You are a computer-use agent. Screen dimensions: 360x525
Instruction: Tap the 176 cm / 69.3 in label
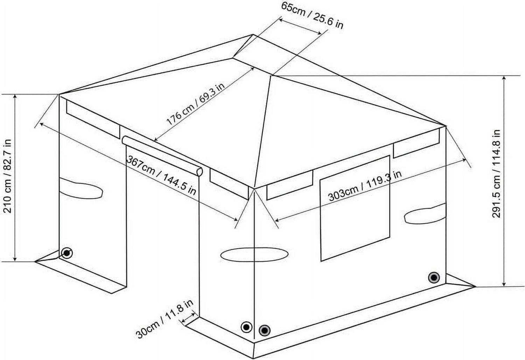click(x=195, y=104)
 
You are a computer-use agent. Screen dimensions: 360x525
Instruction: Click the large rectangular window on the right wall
click(x=355, y=208)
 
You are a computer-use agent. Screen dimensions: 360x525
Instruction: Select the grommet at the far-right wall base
click(x=434, y=278)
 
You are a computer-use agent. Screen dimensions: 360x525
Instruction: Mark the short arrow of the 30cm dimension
click(x=188, y=316)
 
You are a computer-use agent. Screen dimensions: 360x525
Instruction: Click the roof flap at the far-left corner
click(x=93, y=118)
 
